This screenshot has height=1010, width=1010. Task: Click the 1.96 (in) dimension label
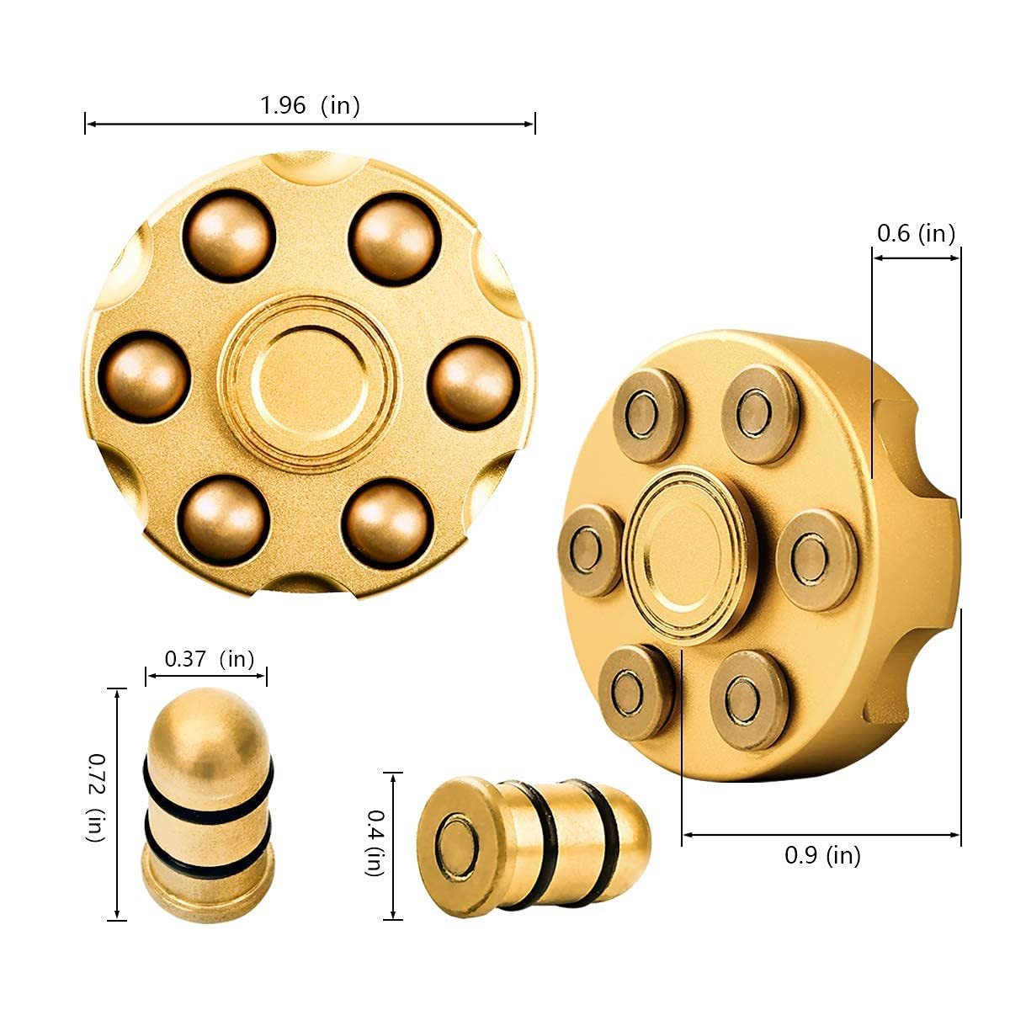[x=310, y=105]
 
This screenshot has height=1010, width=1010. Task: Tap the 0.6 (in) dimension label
[x=916, y=233]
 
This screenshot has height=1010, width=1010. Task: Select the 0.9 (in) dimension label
[x=821, y=855]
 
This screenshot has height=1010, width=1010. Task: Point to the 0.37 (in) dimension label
[x=209, y=658]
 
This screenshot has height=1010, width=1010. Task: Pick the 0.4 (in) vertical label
[x=375, y=843]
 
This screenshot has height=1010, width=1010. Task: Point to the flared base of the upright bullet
[x=207, y=893]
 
